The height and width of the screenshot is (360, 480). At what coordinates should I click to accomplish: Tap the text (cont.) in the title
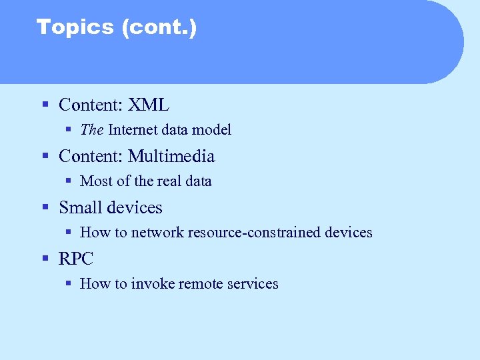[x=159, y=27]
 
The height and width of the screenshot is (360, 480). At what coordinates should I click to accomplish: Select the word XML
[x=149, y=105]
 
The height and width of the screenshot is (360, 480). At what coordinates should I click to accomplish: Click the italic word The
[x=91, y=129]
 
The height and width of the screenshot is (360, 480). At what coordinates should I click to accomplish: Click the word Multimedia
[x=171, y=156]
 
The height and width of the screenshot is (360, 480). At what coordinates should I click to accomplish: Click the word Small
[x=81, y=207]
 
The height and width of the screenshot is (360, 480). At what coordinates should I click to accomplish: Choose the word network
[x=157, y=232]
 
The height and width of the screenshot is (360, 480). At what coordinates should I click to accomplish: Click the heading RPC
[x=76, y=259]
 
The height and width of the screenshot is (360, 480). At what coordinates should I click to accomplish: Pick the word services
[x=253, y=283]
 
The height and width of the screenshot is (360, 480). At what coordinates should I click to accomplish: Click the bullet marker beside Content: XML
[x=45, y=105]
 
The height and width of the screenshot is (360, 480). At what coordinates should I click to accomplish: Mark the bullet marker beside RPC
[x=45, y=259]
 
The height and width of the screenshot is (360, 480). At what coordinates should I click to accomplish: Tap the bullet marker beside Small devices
[x=45, y=208]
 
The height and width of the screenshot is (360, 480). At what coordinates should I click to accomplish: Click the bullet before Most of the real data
[x=69, y=181]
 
